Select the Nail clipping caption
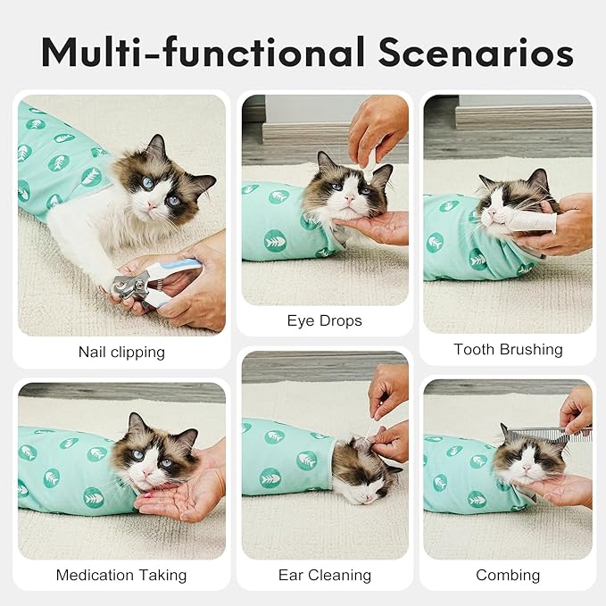pyautogui.click(x=121, y=352)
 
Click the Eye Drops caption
pyautogui.click(x=325, y=320)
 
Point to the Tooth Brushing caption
pyautogui.click(x=508, y=349)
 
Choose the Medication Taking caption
pyautogui.click(x=121, y=575)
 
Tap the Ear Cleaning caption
pyautogui.click(x=325, y=575)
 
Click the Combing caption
pyautogui.click(x=508, y=575)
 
